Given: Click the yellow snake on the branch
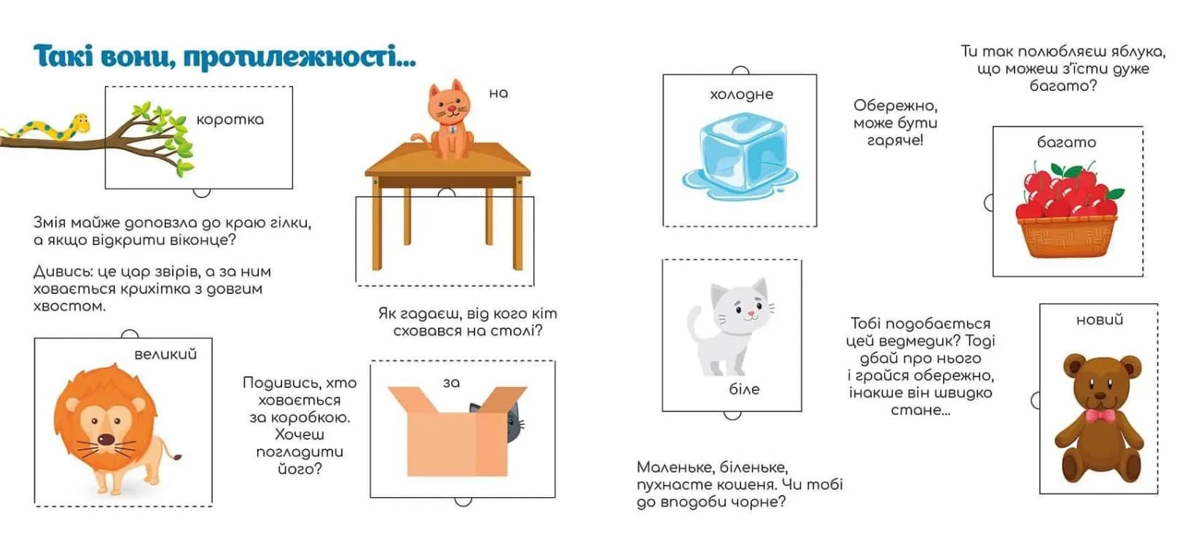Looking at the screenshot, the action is click(x=48, y=129).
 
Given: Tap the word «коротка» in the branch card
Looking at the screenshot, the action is click(x=230, y=119).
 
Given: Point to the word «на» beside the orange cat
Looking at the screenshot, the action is click(x=498, y=94).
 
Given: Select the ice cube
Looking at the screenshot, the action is click(x=740, y=156).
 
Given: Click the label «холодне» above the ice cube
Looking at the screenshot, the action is click(x=741, y=95).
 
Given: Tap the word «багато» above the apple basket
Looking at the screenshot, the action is click(x=1066, y=143).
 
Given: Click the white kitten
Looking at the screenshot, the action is click(x=731, y=328).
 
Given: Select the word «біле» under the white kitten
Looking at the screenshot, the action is click(x=744, y=389).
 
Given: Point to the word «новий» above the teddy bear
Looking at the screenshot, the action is click(x=1100, y=320).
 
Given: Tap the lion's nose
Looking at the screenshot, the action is click(x=106, y=440).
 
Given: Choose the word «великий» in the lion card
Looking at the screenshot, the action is click(x=165, y=355).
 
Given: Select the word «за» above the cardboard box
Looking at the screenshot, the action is click(x=451, y=383).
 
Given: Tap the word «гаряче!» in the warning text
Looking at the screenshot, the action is click(x=895, y=141).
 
